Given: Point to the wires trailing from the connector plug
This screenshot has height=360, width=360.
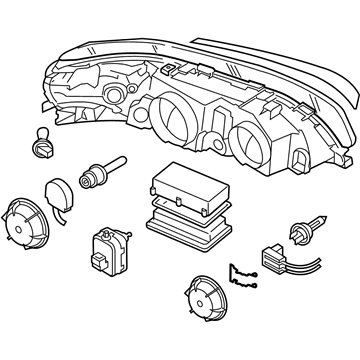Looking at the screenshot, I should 300,278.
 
